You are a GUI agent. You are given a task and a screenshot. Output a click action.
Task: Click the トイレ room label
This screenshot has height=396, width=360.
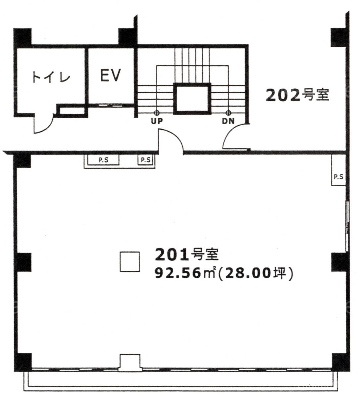click(51, 77)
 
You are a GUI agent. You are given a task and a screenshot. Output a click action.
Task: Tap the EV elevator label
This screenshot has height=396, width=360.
click(111, 75)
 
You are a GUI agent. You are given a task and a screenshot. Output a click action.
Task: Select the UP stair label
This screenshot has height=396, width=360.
click(157, 121)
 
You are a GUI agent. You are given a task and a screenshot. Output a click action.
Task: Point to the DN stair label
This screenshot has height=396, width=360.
click(228, 121)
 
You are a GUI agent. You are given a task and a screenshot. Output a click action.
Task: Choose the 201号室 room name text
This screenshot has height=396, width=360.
click(187, 255)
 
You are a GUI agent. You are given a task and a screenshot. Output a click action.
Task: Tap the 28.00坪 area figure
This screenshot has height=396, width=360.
click(255, 273)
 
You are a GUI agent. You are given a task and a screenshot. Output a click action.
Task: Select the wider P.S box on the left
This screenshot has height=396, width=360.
click(103, 160)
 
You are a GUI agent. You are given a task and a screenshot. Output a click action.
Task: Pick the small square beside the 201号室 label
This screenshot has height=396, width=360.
click(130, 262)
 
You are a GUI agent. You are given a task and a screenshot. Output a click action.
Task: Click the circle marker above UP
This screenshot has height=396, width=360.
click(157, 113)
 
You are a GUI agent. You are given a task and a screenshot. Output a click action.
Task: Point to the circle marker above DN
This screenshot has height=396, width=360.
click(229, 113)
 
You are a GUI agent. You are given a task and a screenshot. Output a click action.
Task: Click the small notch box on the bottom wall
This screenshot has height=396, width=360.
click(130, 363)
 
